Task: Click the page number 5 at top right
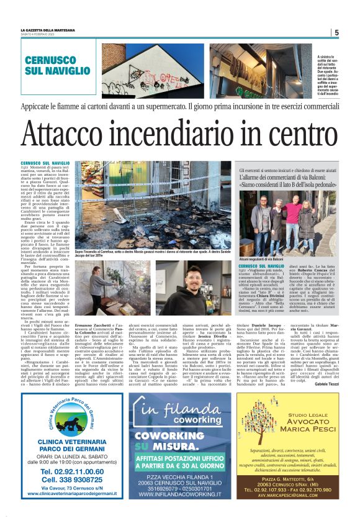[x=336, y=33]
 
